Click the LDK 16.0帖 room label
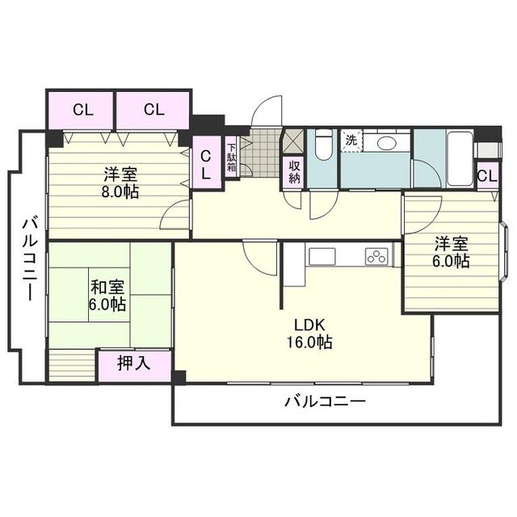309,333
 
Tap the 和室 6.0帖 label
107,295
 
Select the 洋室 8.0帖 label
119,183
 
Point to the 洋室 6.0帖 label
452,252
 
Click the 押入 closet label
134,364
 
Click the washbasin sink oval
386,142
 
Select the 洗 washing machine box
351,140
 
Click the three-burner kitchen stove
377,257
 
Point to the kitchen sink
322,257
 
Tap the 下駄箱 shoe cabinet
231,158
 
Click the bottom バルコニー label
325,401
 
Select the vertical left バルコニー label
28,258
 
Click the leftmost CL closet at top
82,111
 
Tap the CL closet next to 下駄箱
206,164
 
